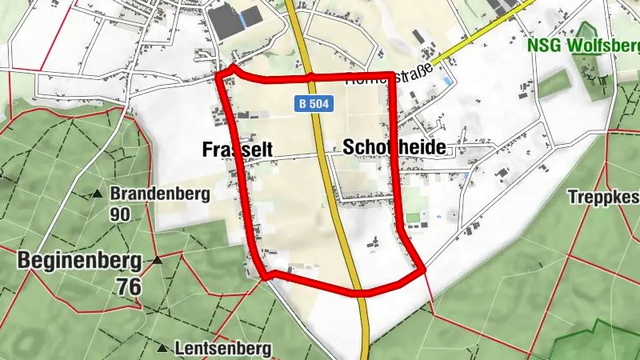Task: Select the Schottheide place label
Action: click(x=393, y=146)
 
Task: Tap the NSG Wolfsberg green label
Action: click(x=583, y=44)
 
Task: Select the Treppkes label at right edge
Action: click(x=603, y=196)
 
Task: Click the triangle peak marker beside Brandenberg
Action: click(x=97, y=194)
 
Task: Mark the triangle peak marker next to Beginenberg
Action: click(x=158, y=260)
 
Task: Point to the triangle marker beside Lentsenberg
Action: click(x=162, y=348)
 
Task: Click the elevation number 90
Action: click(x=121, y=214)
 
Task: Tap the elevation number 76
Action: click(x=126, y=286)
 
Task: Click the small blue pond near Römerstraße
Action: click(x=446, y=81)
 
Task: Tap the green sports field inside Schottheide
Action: click(x=413, y=217)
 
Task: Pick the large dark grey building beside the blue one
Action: click(x=223, y=20)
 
